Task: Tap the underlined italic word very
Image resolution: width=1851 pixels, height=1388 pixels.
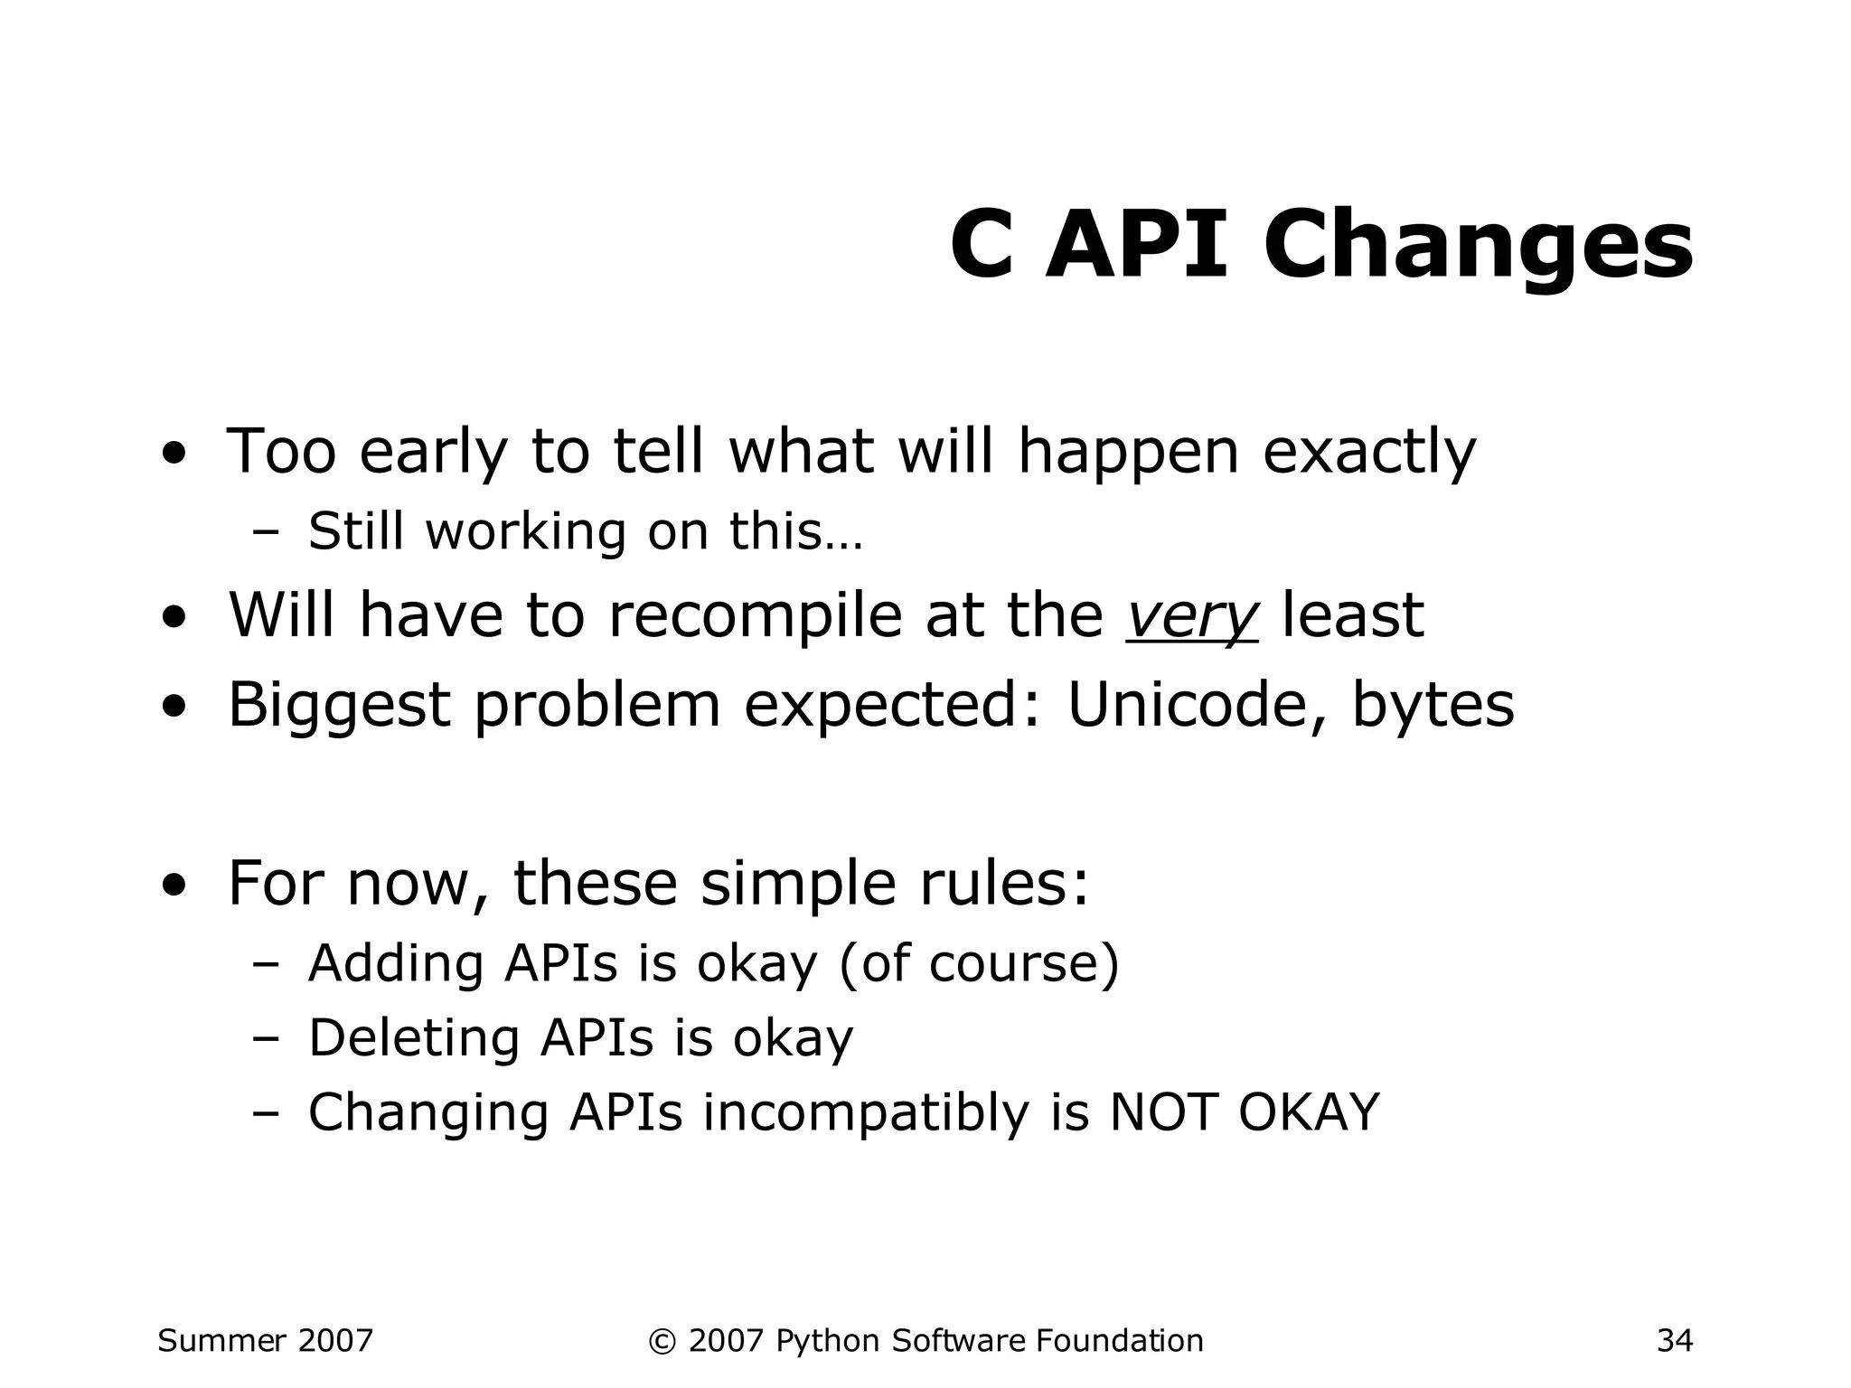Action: (1191, 616)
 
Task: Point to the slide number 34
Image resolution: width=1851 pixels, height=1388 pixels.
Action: (1674, 1340)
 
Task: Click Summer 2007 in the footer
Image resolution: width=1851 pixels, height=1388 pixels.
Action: (265, 1340)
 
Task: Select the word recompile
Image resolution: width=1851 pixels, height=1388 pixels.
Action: (755, 616)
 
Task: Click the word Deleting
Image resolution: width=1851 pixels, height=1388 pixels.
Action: (413, 1038)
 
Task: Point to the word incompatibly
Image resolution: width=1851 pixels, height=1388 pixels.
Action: (866, 1112)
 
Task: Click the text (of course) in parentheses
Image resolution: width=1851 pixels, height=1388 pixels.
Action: (979, 963)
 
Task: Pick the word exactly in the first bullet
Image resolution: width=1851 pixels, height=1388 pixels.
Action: (1368, 452)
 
